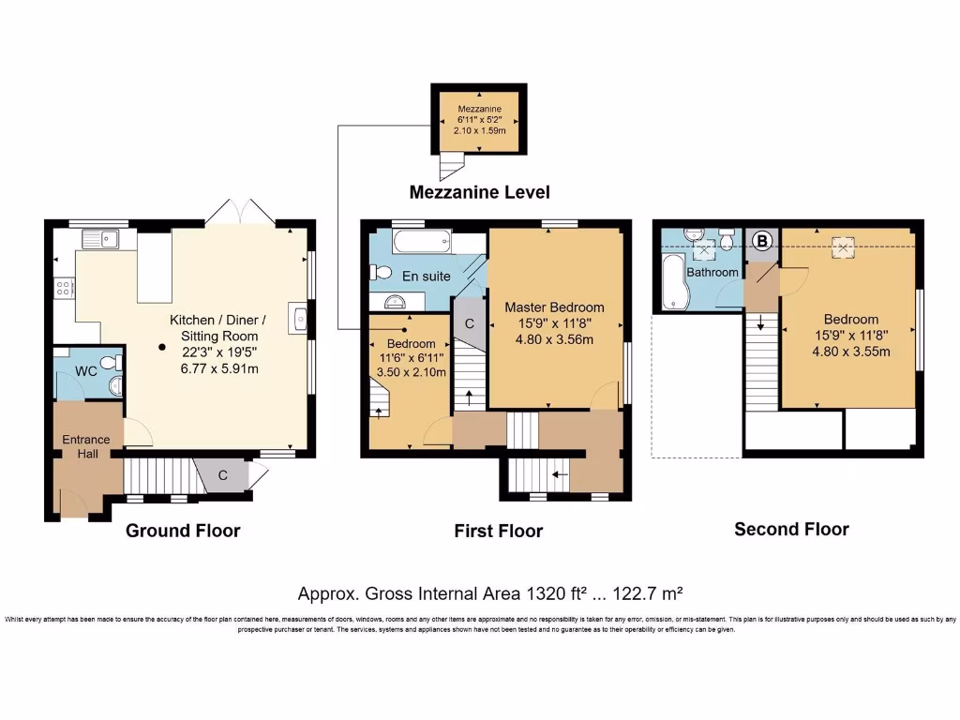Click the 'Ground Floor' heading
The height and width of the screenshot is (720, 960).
(x=183, y=531)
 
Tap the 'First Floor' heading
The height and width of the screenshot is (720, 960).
(x=498, y=532)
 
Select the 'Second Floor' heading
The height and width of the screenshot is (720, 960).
(x=791, y=529)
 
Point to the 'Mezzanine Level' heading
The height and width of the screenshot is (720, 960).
(x=479, y=192)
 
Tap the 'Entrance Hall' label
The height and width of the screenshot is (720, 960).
(x=85, y=446)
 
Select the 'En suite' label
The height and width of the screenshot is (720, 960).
(x=427, y=276)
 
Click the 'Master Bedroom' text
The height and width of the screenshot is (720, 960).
(x=554, y=307)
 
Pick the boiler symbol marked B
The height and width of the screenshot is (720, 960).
(x=762, y=241)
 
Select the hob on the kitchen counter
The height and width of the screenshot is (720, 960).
(x=64, y=288)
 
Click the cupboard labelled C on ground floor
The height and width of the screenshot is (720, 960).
(x=223, y=475)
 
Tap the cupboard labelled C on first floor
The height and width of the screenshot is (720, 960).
(x=469, y=323)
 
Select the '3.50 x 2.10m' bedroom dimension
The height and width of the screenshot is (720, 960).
(x=405, y=371)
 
